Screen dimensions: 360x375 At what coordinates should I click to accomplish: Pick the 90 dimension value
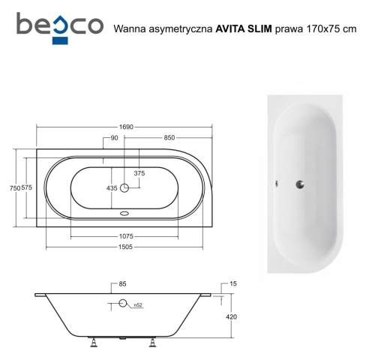113,137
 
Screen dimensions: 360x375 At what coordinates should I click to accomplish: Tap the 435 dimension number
112,187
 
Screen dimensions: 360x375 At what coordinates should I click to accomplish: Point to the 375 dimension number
139,173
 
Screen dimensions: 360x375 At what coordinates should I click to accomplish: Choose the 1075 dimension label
124,238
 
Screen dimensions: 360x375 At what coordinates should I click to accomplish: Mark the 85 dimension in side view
122,284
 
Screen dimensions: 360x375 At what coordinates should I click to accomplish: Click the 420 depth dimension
231,317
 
